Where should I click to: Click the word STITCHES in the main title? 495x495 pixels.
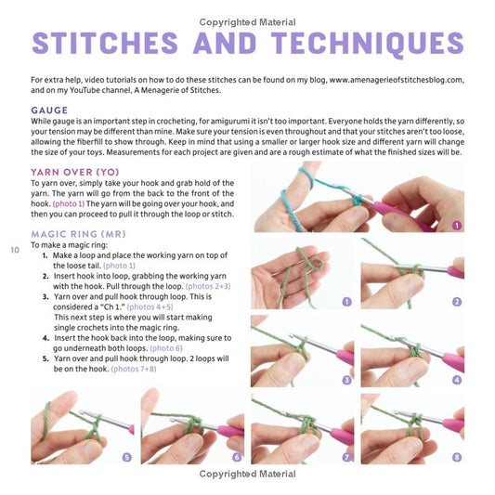click(x=105, y=43)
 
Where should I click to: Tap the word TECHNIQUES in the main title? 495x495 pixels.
click(x=368, y=44)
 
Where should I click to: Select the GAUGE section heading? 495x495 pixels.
click(x=49, y=111)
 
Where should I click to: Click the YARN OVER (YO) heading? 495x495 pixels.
click(x=75, y=172)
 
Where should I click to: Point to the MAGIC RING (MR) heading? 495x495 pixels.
click(x=78, y=234)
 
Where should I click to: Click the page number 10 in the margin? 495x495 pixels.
click(x=15, y=250)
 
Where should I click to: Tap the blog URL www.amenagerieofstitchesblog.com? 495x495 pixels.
click(x=396, y=80)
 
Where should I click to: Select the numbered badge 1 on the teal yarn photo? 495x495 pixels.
click(x=457, y=225)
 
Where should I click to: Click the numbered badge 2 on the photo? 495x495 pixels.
click(x=457, y=302)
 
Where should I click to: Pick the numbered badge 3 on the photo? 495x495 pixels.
click(x=347, y=380)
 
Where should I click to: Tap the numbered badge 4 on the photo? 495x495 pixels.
click(x=457, y=380)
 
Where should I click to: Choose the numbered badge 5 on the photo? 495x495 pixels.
click(x=127, y=457)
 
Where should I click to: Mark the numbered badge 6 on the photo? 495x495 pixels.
click(x=237, y=457)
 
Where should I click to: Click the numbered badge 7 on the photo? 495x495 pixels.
click(x=347, y=457)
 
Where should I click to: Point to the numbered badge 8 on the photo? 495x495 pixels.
click(x=457, y=457)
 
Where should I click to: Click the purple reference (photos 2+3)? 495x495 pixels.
click(x=208, y=286)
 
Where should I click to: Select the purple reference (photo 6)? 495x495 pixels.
click(x=166, y=348)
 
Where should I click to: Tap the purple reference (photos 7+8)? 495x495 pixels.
click(x=134, y=369)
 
